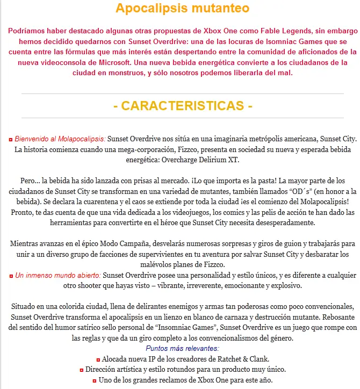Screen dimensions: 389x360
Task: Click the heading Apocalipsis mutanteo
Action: [x=183, y=9]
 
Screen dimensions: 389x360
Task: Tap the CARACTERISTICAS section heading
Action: [x=183, y=106]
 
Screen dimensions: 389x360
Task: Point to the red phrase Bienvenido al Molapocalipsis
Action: [x=60, y=139]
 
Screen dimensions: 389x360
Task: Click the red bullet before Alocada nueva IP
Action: [x=97, y=359]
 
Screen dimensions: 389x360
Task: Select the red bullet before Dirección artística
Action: [x=81, y=370]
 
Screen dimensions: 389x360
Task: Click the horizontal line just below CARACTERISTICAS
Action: [x=183, y=118]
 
